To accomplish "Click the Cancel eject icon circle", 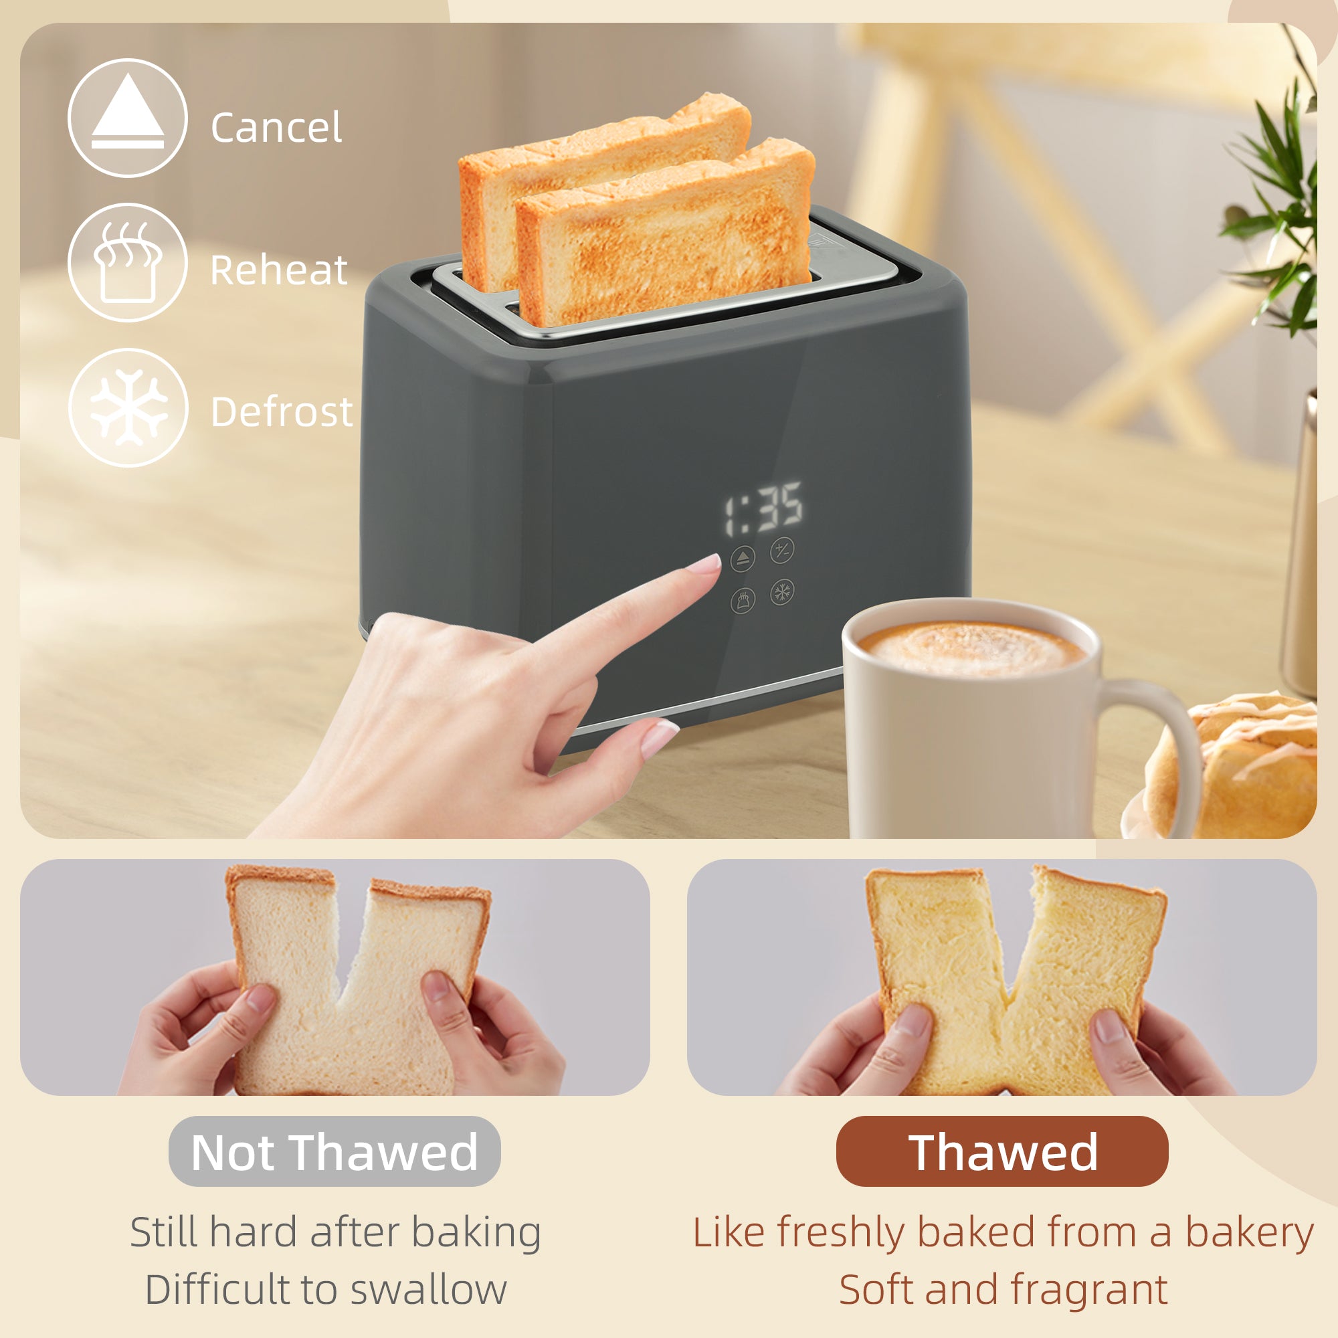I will [127, 118].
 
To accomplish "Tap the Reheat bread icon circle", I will [127, 262].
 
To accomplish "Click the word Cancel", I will [276, 128].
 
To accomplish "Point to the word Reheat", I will [278, 270].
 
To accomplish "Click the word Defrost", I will [281, 412].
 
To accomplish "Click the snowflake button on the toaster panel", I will [782, 592].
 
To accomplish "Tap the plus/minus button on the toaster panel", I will [782, 551].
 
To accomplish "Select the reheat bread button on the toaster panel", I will [743, 599].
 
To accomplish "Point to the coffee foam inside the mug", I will [969, 648].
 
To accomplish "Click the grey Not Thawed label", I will [334, 1152].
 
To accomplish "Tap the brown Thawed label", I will [1002, 1152].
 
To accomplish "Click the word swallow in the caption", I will [429, 1290].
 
